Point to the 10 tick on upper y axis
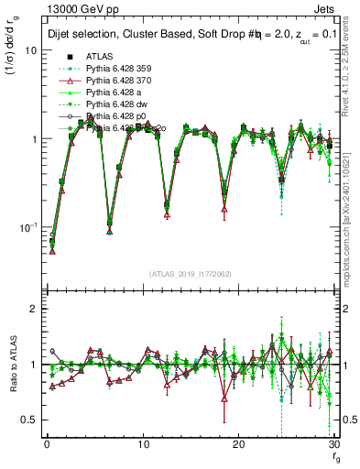click(29, 50)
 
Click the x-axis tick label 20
click(238, 442)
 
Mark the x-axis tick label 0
click(46, 442)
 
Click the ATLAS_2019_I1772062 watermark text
click(190, 273)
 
